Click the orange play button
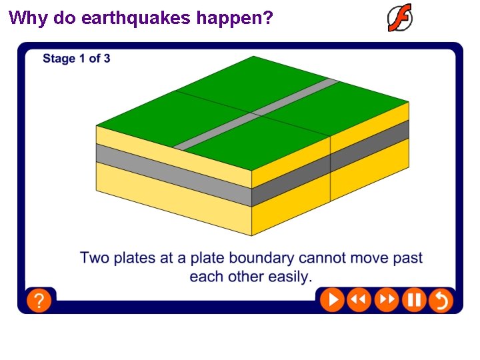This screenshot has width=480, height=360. (x=332, y=300)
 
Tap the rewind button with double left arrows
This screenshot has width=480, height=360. (x=359, y=300)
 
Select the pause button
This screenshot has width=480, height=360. (x=413, y=300)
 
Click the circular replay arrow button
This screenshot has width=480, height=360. (x=441, y=300)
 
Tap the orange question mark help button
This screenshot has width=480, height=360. (x=39, y=300)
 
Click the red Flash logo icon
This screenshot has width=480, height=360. (x=400, y=18)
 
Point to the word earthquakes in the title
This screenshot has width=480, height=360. (x=137, y=17)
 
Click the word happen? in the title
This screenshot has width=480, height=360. (x=235, y=17)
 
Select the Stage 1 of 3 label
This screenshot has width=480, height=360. (x=77, y=59)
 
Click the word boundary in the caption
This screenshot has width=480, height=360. (x=262, y=258)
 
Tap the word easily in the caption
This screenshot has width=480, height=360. (x=289, y=276)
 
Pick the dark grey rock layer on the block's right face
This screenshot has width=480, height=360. (x=370, y=147)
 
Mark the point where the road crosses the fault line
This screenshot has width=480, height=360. (x=252, y=113)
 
